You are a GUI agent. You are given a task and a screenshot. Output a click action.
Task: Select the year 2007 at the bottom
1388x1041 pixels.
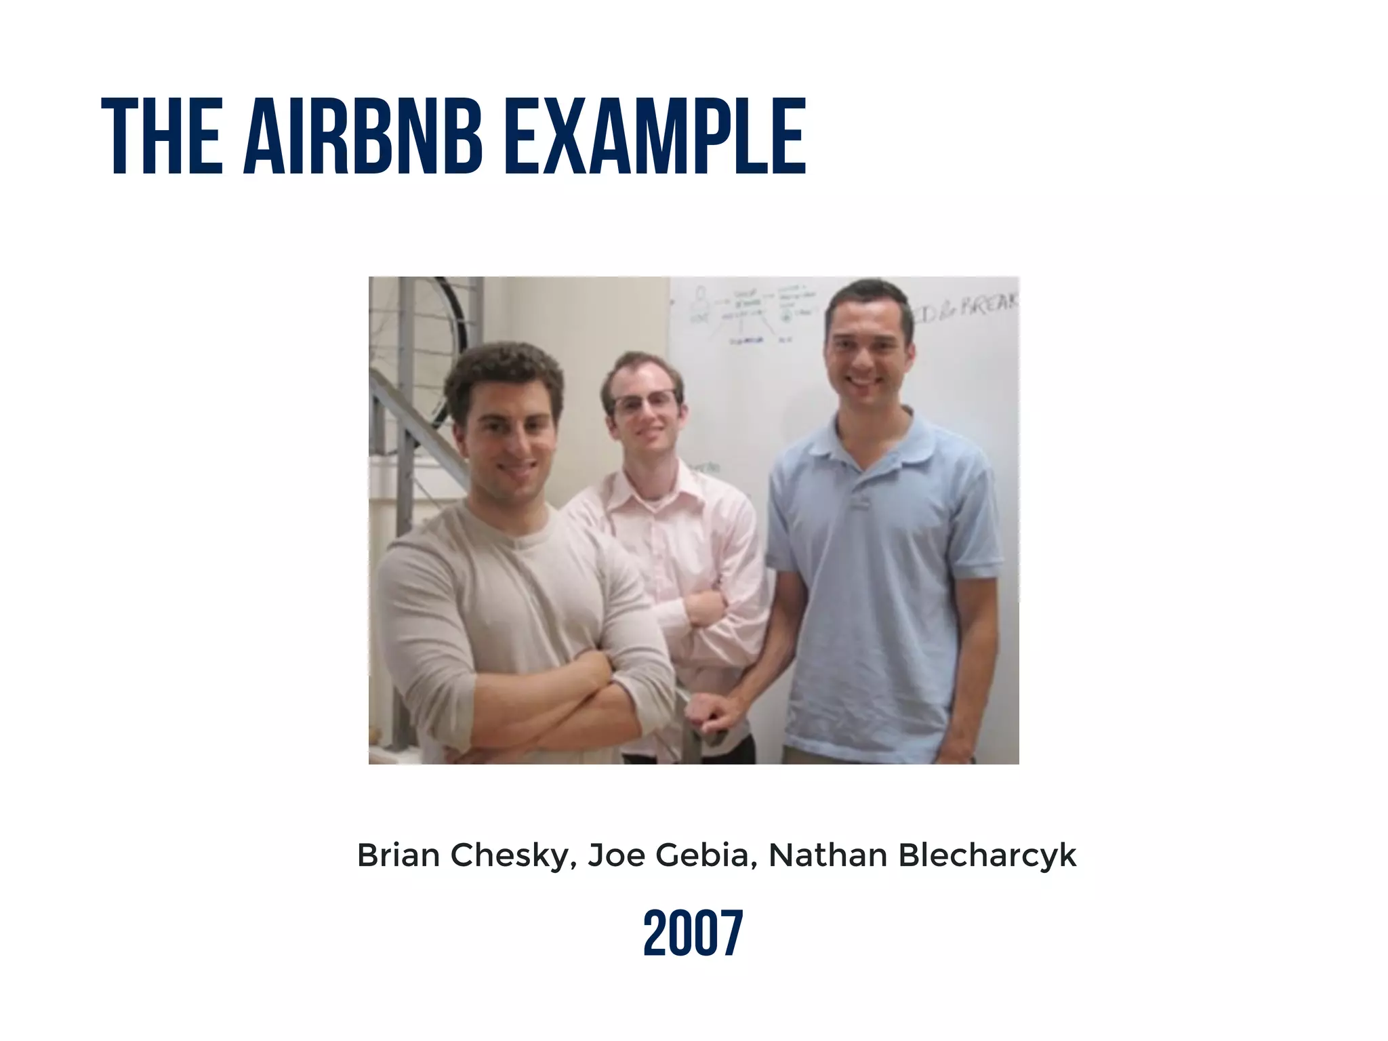click(693, 934)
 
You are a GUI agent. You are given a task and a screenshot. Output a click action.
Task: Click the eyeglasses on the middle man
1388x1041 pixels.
click(644, 403)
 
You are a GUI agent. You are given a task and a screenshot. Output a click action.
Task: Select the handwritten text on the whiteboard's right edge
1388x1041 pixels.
click(969, 312)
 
